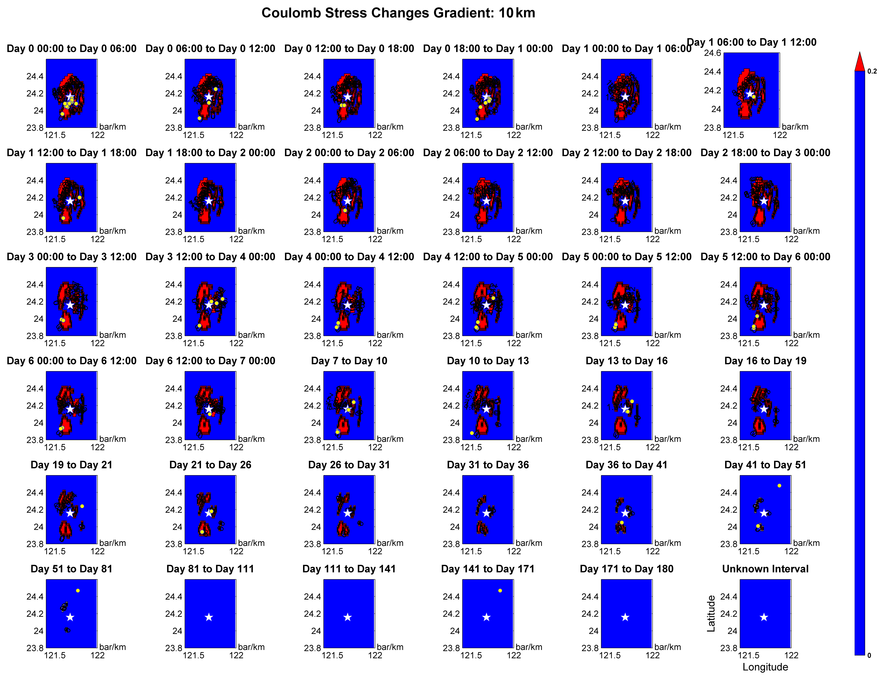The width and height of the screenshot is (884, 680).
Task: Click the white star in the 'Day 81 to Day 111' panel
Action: coord(209,617)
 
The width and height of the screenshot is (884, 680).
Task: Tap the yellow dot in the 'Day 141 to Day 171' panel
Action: coord(500,591)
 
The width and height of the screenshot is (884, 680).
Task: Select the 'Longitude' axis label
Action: coord(765,667)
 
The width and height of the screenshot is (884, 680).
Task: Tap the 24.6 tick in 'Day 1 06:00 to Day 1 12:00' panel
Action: coord(713,53)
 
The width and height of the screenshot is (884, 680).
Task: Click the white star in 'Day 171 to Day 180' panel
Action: coord(625,617)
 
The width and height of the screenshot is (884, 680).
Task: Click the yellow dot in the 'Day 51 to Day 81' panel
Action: coord(78,591)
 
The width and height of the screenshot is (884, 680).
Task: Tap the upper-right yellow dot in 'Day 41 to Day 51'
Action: coord(779,486)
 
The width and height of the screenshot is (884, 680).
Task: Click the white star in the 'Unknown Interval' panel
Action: coord(764,617)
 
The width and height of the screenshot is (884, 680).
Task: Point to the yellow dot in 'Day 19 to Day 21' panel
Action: coord(82,506)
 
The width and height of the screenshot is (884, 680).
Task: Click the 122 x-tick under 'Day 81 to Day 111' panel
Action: coord(236,655)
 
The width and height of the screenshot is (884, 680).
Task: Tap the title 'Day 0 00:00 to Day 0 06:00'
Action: coord(71,49)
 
